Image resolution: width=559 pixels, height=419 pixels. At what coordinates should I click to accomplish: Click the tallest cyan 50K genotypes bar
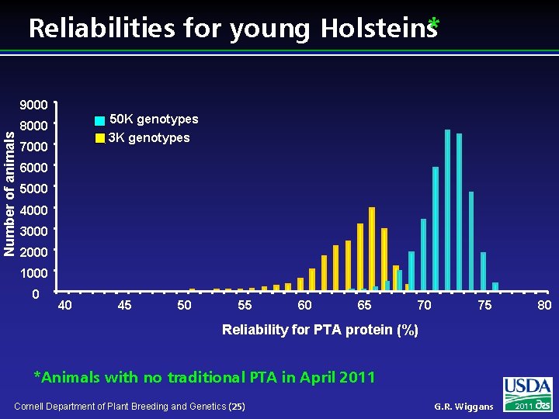[x=448, y=209]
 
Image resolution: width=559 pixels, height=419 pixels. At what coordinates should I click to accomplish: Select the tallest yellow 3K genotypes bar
[x=372, y=248]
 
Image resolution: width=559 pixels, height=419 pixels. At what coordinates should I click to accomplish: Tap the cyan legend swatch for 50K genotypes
[x=99, y=120]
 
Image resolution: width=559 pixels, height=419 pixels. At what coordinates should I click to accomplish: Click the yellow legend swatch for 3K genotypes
[x=99, y=138]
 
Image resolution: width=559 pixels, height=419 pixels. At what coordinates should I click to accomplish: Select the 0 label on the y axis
[x=36, y=295]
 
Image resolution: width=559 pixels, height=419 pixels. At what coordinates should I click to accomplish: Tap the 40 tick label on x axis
[x=65, y=306]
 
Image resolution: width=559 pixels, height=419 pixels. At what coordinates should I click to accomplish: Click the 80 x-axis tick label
[x=544, y=306]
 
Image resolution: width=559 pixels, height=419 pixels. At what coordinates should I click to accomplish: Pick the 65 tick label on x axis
[x=364, y=306]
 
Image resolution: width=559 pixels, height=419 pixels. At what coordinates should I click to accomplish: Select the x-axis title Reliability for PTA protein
[x=320, y=330]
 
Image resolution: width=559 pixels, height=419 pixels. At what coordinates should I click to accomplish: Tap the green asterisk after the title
[x=433, y=25]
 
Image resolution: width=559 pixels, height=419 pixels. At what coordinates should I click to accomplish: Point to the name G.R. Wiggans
[x=464, y=406]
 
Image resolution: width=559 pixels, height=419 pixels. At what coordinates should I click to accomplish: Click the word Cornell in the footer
[x=32, y=406]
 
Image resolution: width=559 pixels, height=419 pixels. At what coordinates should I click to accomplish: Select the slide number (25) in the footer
[x=238, y=406]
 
